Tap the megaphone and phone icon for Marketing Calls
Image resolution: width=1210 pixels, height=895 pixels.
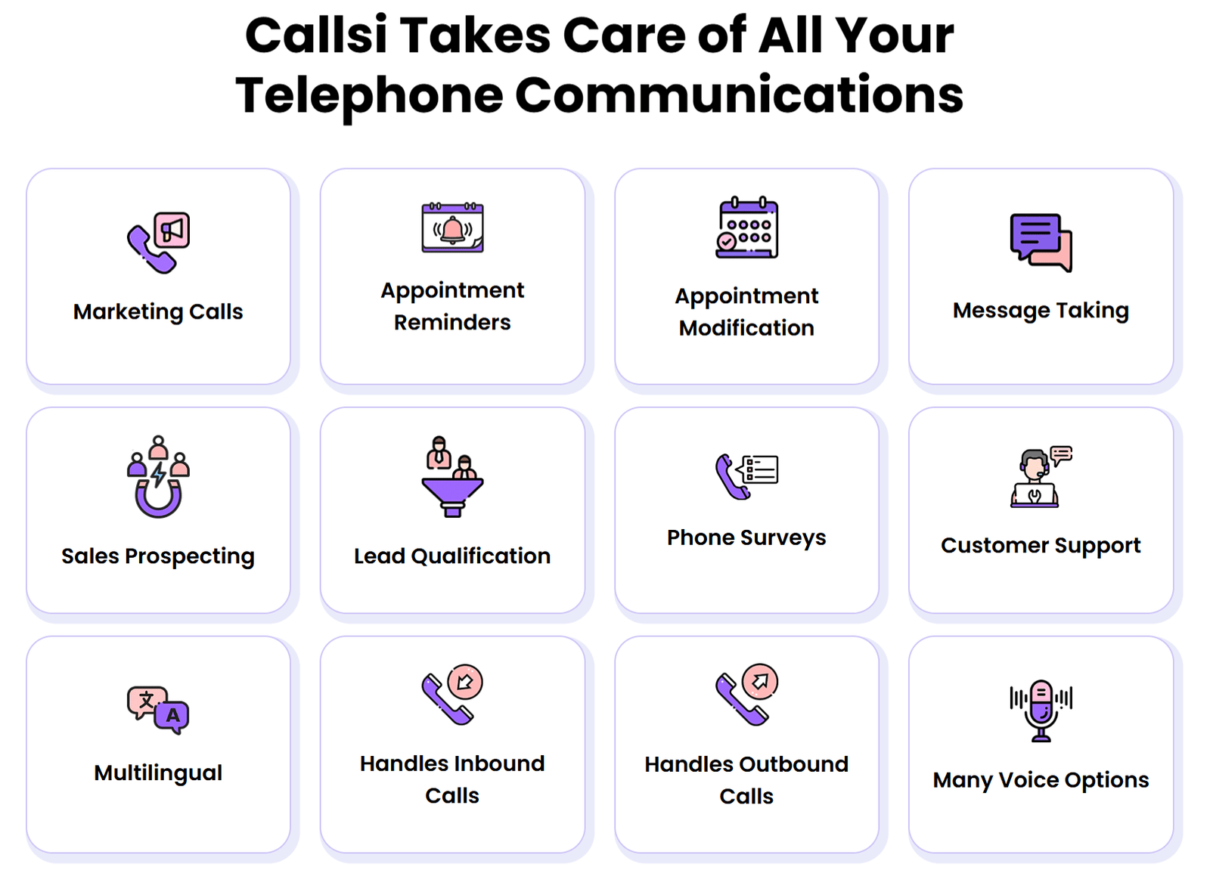point(158,243)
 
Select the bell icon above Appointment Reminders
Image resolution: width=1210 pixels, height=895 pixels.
point(452,228)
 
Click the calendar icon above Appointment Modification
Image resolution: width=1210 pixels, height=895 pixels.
point(746,228)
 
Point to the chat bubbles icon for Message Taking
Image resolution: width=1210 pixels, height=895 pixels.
point(1041,242)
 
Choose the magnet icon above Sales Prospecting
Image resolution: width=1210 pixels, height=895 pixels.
point(158,477)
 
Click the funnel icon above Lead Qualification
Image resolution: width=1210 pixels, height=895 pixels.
point(452,477)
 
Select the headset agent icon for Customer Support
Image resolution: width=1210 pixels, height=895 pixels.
point(1041,477)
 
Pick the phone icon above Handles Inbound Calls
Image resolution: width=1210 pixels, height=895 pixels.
point(452,695)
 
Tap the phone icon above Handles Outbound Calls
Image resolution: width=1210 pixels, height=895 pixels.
point(746,695)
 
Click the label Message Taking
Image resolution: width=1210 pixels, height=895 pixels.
point(1041,311)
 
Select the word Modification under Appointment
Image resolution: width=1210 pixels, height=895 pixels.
point(746,328)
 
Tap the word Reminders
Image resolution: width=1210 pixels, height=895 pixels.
point(452,323)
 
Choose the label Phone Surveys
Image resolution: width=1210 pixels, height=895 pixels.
point(746,537)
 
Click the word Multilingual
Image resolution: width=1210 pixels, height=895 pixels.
point(158,773)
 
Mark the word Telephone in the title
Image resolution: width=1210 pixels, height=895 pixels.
point(369,95)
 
